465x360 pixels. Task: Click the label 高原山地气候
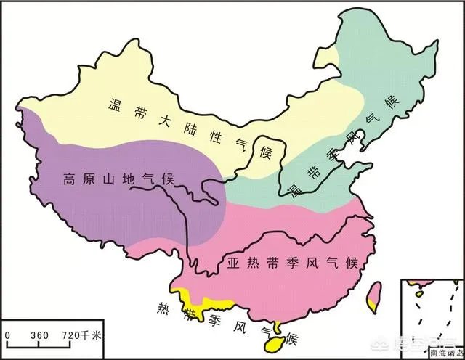pyautogui.click(x=108, y=179)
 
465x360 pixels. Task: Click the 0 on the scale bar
pyautogui.click(x=7, y=335)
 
